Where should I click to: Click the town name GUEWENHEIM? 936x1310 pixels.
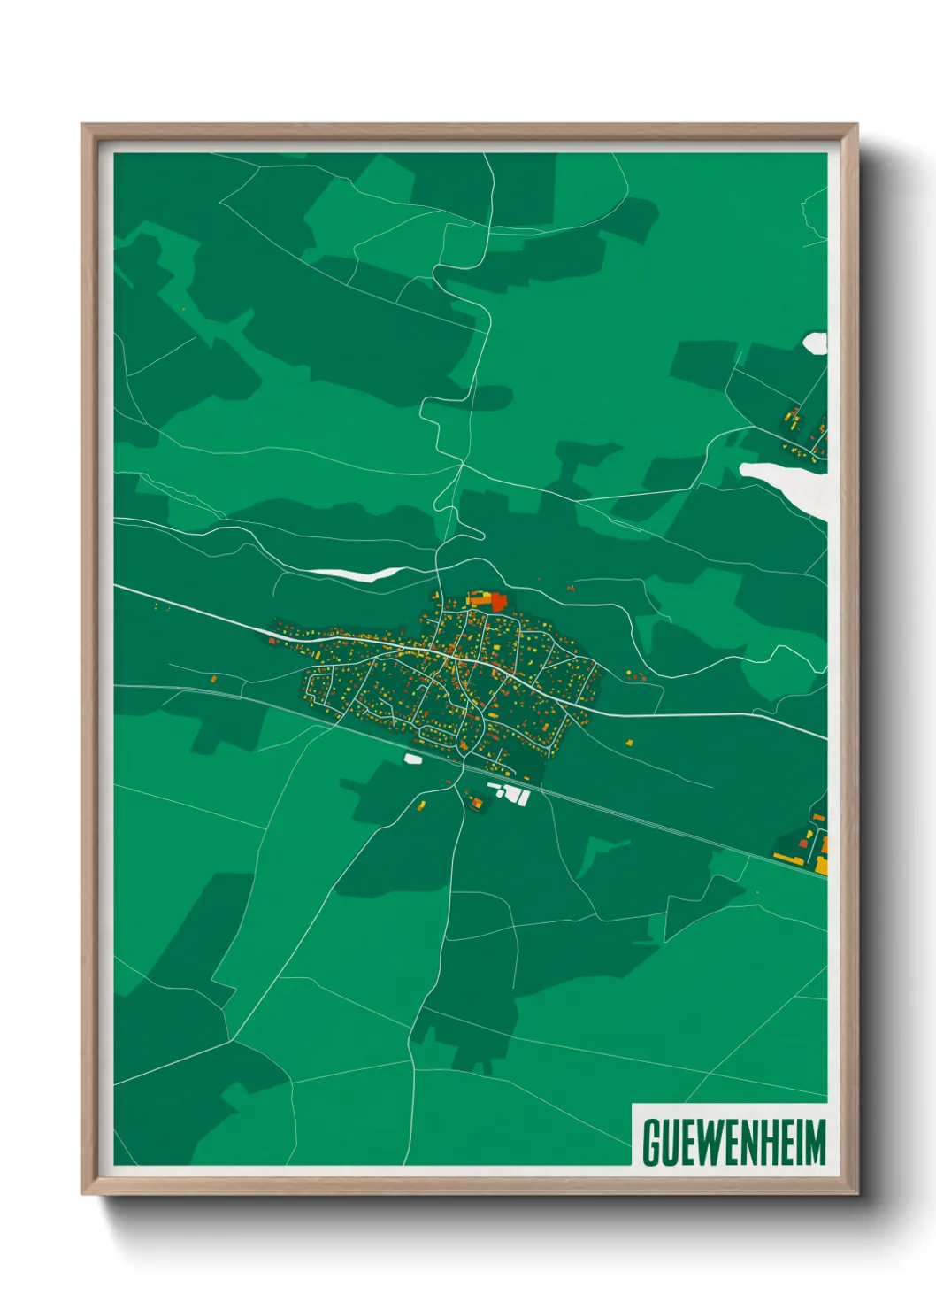point(733,1142)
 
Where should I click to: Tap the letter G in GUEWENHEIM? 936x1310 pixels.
point(652,1143)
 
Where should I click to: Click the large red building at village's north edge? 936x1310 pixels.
point(498,602)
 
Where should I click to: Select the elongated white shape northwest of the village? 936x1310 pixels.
point(354,573)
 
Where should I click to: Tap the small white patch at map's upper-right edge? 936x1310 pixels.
point(815,343)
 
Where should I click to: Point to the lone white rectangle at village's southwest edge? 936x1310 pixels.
point(412,758)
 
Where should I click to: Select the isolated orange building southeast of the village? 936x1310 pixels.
point(629,742)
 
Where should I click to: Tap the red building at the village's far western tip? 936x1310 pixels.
point(272,640)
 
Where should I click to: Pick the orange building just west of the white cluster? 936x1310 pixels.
point(477,802)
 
